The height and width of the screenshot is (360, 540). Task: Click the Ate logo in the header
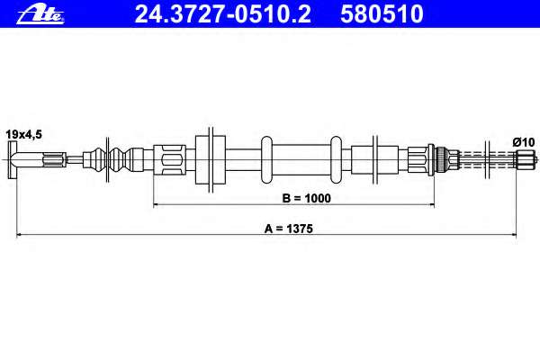40,15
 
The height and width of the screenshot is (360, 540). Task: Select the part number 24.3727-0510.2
222,14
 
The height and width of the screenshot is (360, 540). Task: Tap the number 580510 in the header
382,14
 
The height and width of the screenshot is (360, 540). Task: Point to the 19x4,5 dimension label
23,134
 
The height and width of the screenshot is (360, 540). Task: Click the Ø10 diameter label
523,142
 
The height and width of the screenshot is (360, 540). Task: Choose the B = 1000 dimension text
306,198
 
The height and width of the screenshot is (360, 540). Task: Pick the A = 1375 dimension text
289,229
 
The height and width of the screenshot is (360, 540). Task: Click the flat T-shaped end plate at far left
13,160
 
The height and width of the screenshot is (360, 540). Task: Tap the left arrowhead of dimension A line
19,235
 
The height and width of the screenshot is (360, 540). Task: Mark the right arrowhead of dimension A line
514,235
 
